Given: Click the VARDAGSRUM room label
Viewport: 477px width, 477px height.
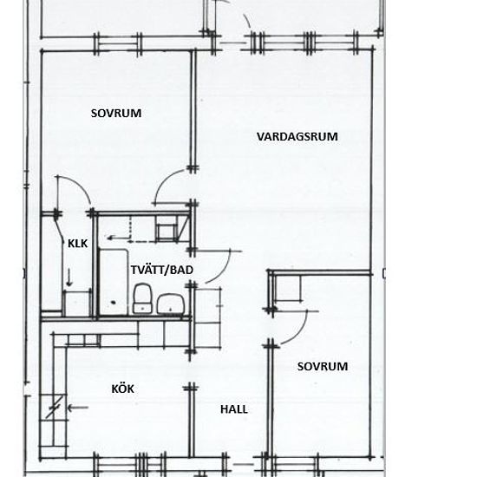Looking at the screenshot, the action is (297, 136).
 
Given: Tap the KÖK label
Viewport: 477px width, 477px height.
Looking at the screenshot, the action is (122, 389).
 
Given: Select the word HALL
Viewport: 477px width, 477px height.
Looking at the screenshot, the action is (234, 409).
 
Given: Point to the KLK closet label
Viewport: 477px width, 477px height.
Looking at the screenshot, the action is (77, 244).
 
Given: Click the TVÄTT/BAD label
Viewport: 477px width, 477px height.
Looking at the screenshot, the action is (162, 270).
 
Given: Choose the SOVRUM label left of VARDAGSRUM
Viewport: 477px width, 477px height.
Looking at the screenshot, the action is (116, 114).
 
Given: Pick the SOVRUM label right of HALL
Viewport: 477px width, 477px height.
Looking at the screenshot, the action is (323, 366).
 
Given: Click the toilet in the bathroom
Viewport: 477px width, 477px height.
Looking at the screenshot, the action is (143, 298).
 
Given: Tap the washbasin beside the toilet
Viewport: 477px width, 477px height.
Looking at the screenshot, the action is (171, 304).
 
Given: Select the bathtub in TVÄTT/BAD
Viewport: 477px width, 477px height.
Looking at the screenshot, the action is (113, 283).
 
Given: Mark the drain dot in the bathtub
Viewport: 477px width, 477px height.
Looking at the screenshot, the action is (114, 303).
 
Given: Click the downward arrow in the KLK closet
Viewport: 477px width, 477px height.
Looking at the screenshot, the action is (69, 278).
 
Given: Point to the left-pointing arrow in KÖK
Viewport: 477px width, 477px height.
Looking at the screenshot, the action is (77, 408).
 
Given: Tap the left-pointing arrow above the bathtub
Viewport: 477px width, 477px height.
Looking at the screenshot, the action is (118, 238).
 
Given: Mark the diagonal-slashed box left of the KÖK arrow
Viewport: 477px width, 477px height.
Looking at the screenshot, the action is (54, 408).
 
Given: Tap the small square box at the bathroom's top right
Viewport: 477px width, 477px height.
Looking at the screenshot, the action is (167, 232).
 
